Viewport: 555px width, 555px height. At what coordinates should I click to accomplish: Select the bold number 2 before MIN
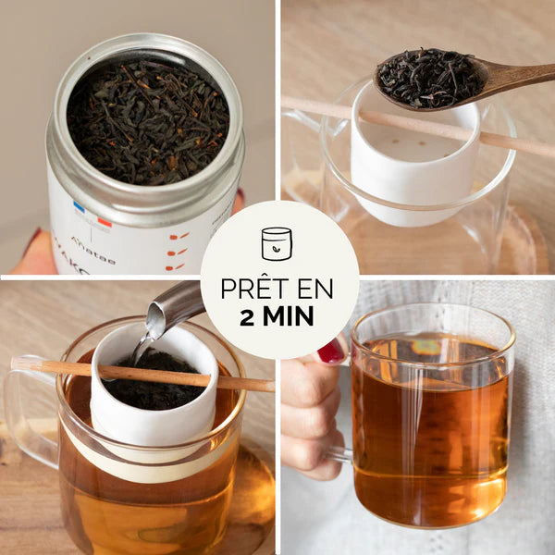pyautogui.click(x=247, y=316)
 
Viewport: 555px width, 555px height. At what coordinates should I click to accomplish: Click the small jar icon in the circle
pyautogui.click(x=277, y=243)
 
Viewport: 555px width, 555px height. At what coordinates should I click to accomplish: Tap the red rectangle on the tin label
pyautogui.click(x=105, y=222)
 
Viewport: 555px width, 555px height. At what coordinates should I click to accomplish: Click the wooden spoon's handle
pyautogui.click(x=523, y=73)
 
